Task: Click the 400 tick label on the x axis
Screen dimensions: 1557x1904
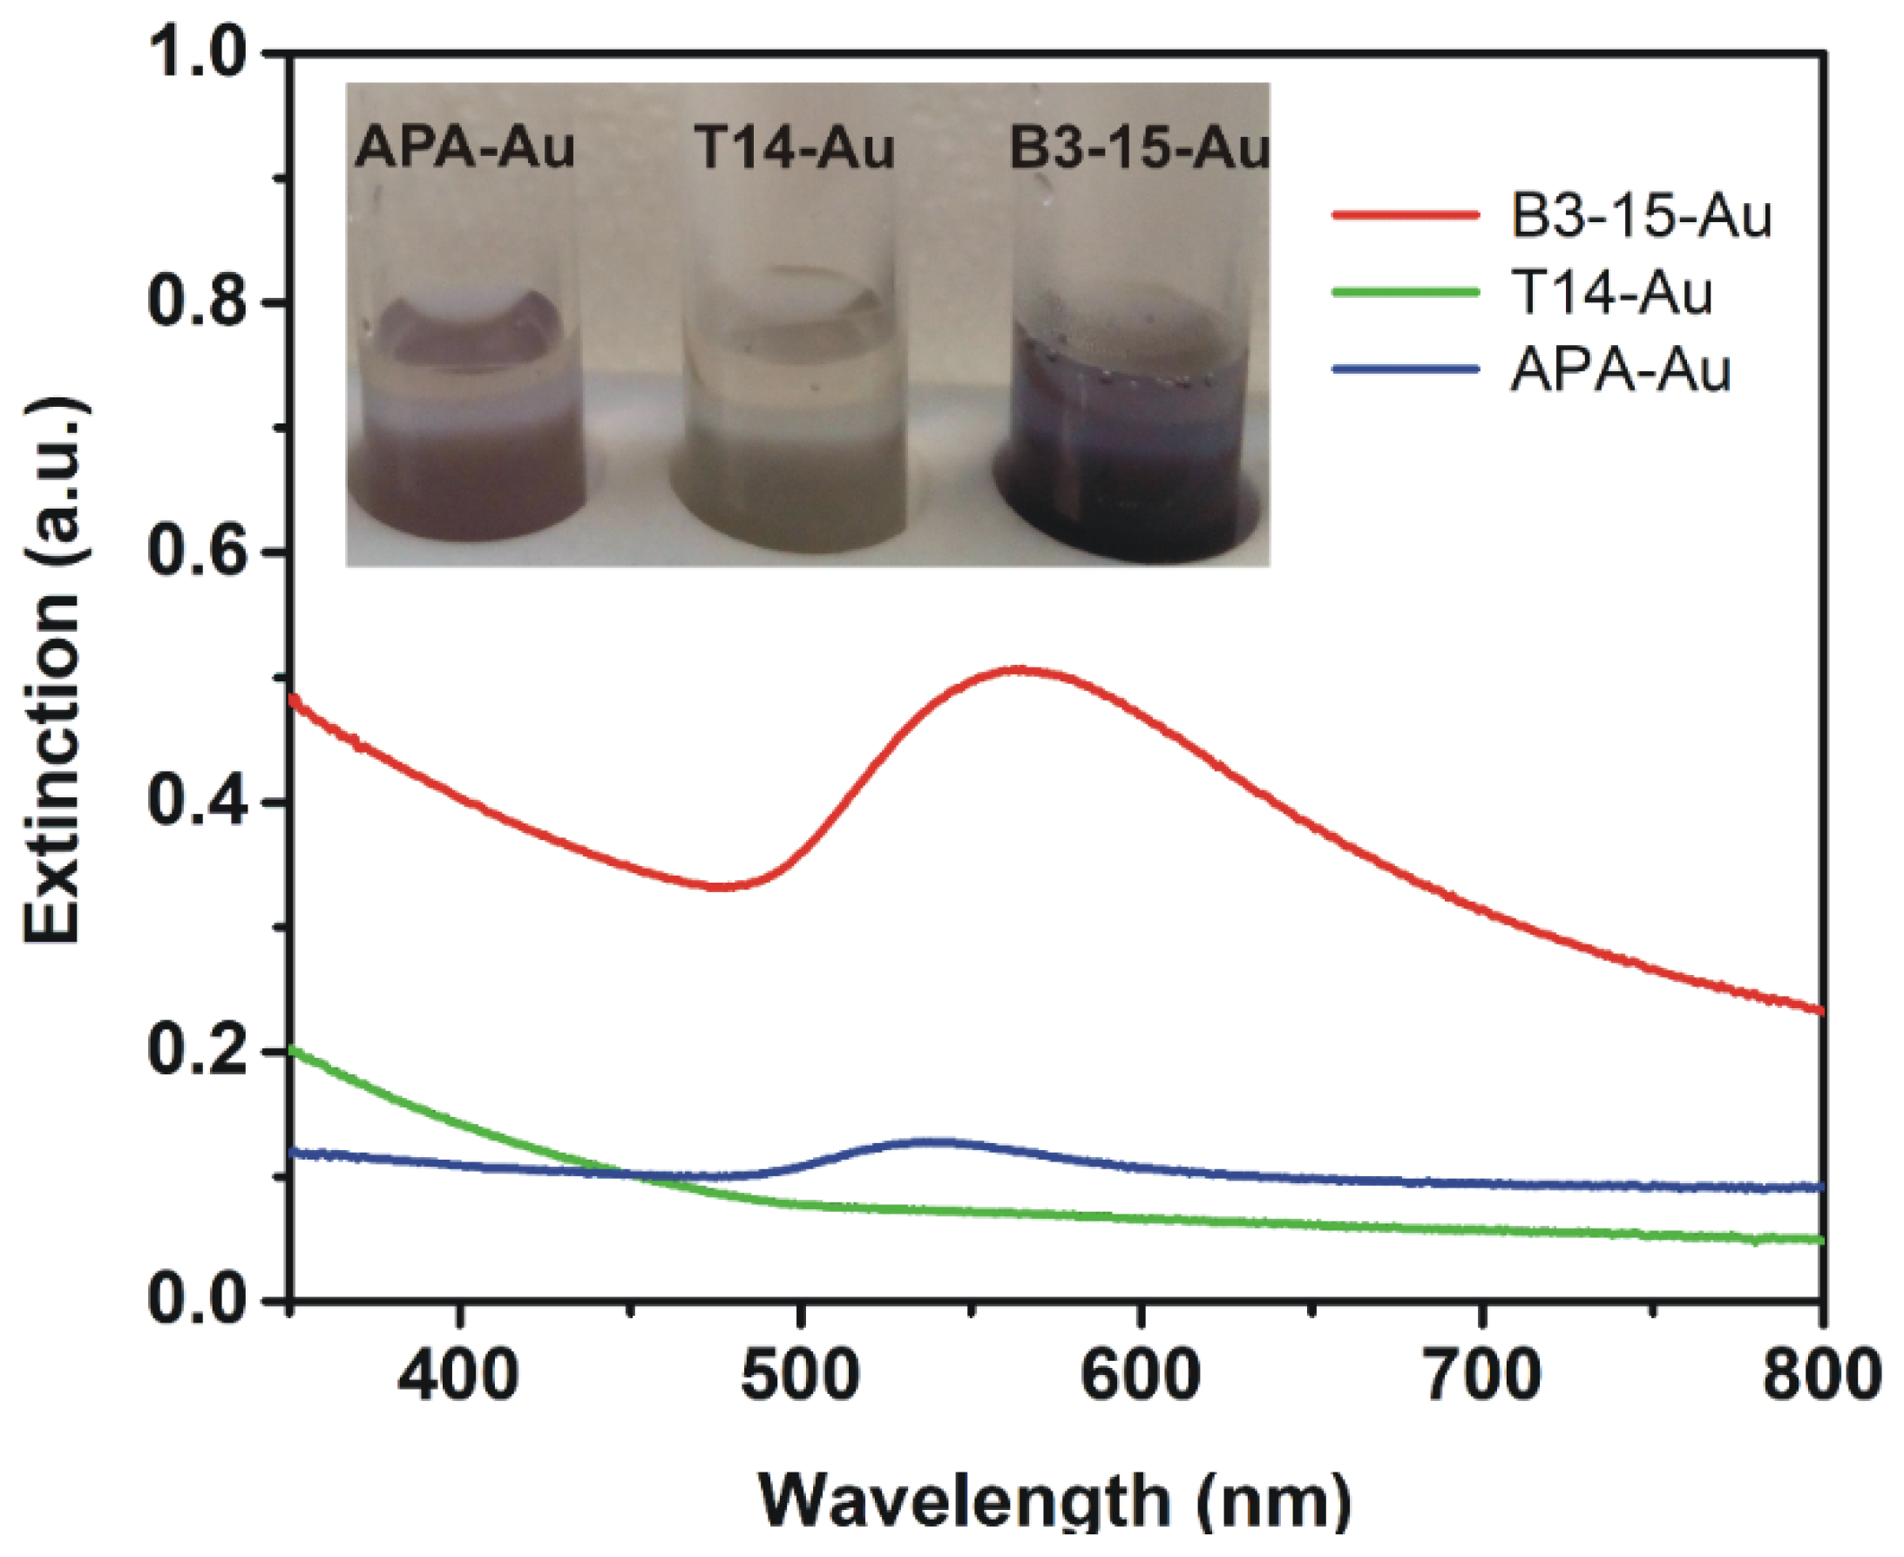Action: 458,1375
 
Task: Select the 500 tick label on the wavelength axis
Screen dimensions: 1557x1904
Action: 799,1375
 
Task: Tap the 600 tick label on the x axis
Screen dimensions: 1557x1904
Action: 1140,1375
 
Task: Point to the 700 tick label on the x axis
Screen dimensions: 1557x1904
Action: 1481,1375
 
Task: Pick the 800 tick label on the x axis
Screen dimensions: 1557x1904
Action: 1819,1375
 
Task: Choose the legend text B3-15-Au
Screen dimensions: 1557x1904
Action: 1641,216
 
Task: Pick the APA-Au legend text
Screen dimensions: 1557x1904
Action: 1620,369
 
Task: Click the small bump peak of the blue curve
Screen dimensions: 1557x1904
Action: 932,1141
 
